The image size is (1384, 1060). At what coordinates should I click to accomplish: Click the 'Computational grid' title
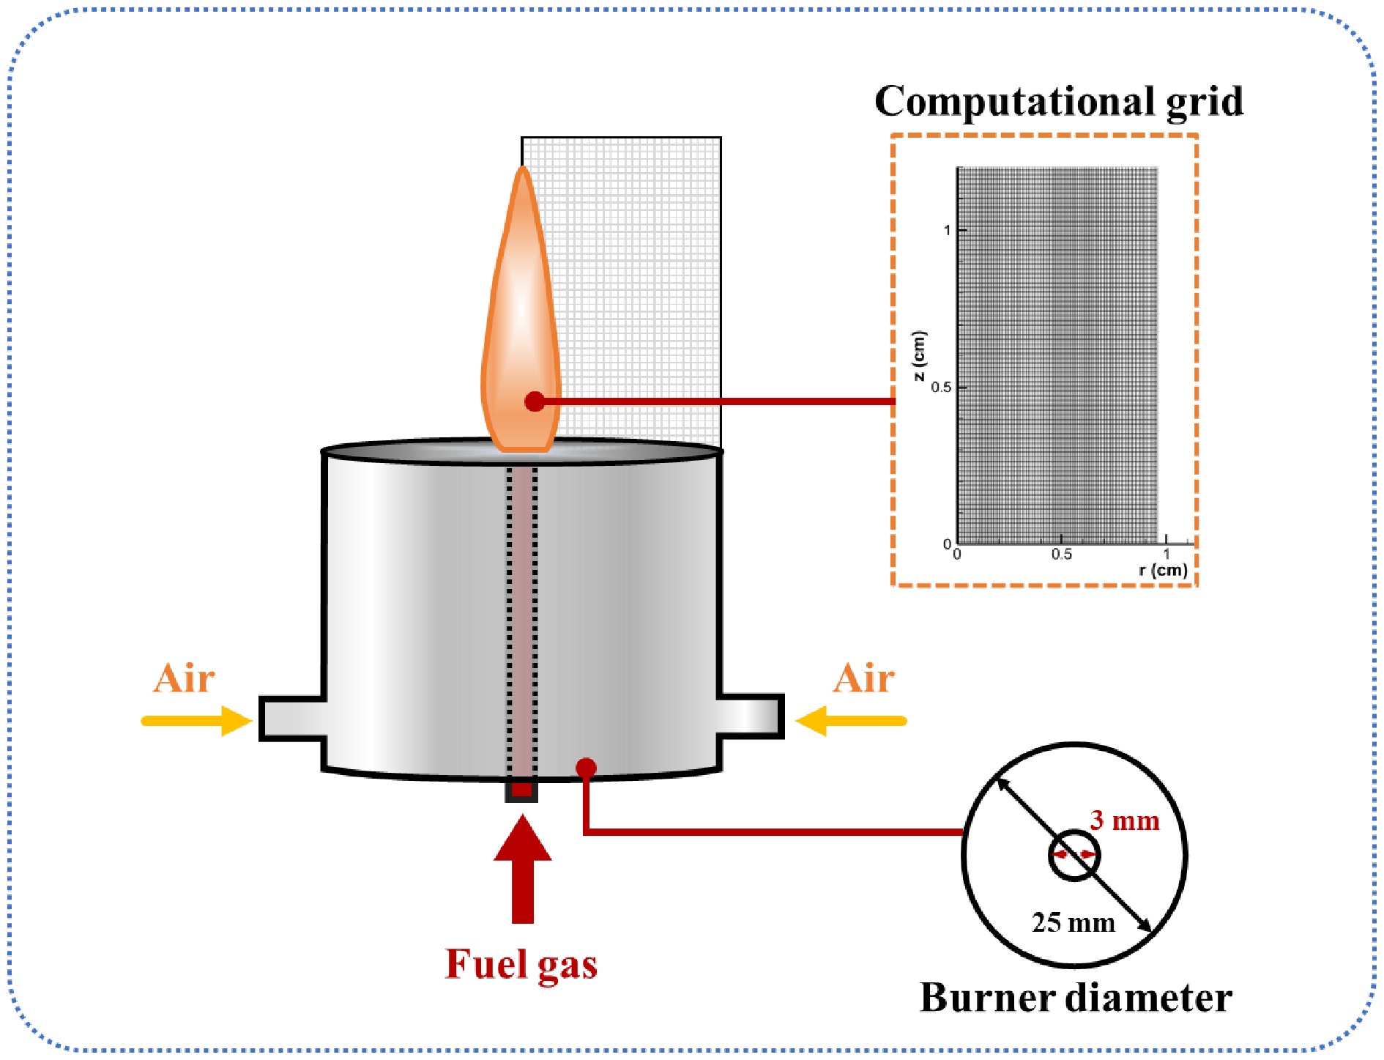click(1058, 101)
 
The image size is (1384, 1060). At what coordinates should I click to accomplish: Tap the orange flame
click(521, 308)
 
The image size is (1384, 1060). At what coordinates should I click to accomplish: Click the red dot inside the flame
click(535, 401)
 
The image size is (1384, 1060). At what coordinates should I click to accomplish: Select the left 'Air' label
click(184, 678)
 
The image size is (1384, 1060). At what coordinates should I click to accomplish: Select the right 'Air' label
click(863, 678)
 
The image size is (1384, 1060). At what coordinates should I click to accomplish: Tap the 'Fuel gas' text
click(521, 964)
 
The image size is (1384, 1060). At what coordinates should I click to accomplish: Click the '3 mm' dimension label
click(1124, 820)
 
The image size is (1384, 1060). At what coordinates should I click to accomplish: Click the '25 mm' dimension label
click(1073, 922)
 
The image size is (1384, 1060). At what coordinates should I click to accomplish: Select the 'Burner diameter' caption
click(1075, 998)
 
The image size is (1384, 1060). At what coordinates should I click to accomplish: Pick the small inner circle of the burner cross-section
click(1074, 855)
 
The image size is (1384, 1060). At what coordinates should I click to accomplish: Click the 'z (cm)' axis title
click(919, 356)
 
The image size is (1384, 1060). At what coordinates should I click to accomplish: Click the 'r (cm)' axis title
click(1163, 570)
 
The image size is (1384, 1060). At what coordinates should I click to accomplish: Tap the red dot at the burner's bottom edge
click(586, 767)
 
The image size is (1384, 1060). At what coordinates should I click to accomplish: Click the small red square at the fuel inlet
click(521, 790)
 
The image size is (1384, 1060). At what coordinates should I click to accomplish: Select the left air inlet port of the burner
click(291, 718)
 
